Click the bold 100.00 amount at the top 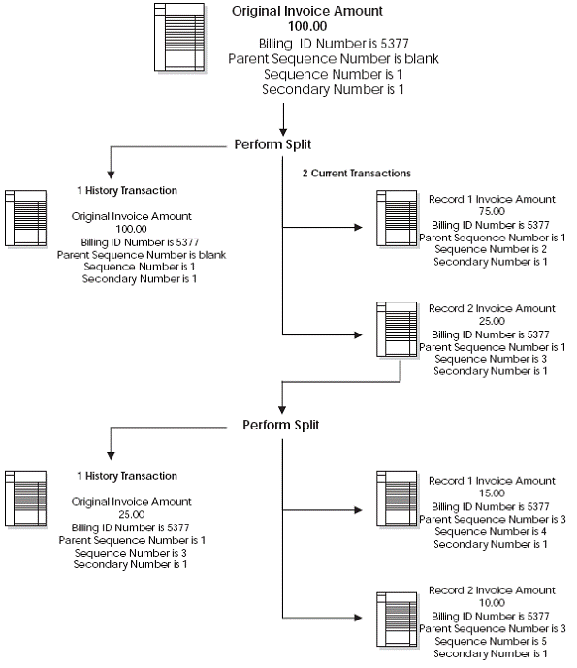[x=306, y=27]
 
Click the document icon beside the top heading [x=179, y=38]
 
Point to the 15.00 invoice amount [x=492, y=493]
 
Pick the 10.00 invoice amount [x=492, y=603]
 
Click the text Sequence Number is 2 [x=492, y=249]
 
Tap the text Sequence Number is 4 [x=492, y=531]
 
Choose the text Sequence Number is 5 [x=492, y=641]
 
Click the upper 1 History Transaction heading [x=127, y=191]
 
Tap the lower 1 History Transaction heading [x=127, y=476]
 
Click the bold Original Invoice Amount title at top [x=306, y=12]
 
